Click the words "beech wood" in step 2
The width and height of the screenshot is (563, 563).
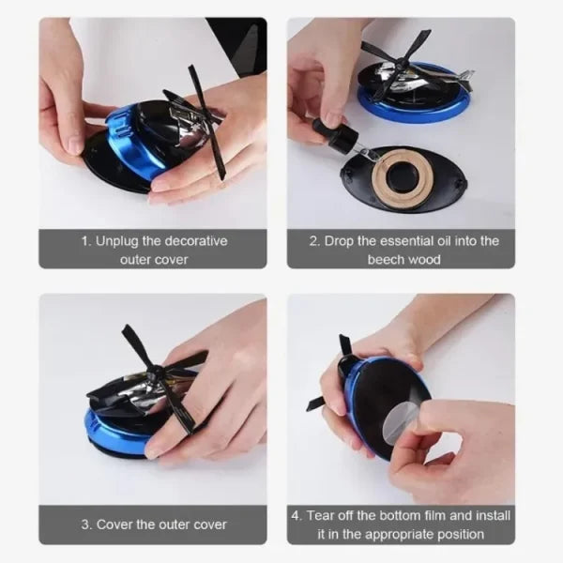[x=403, y=259]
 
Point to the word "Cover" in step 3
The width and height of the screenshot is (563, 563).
[x=114, y=525]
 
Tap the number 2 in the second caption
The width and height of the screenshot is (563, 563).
[x=315, y=241]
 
